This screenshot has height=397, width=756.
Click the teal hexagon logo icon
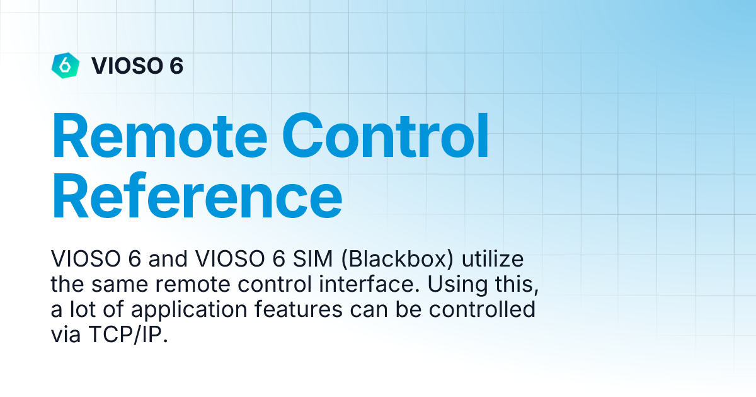tap(65, 64)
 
